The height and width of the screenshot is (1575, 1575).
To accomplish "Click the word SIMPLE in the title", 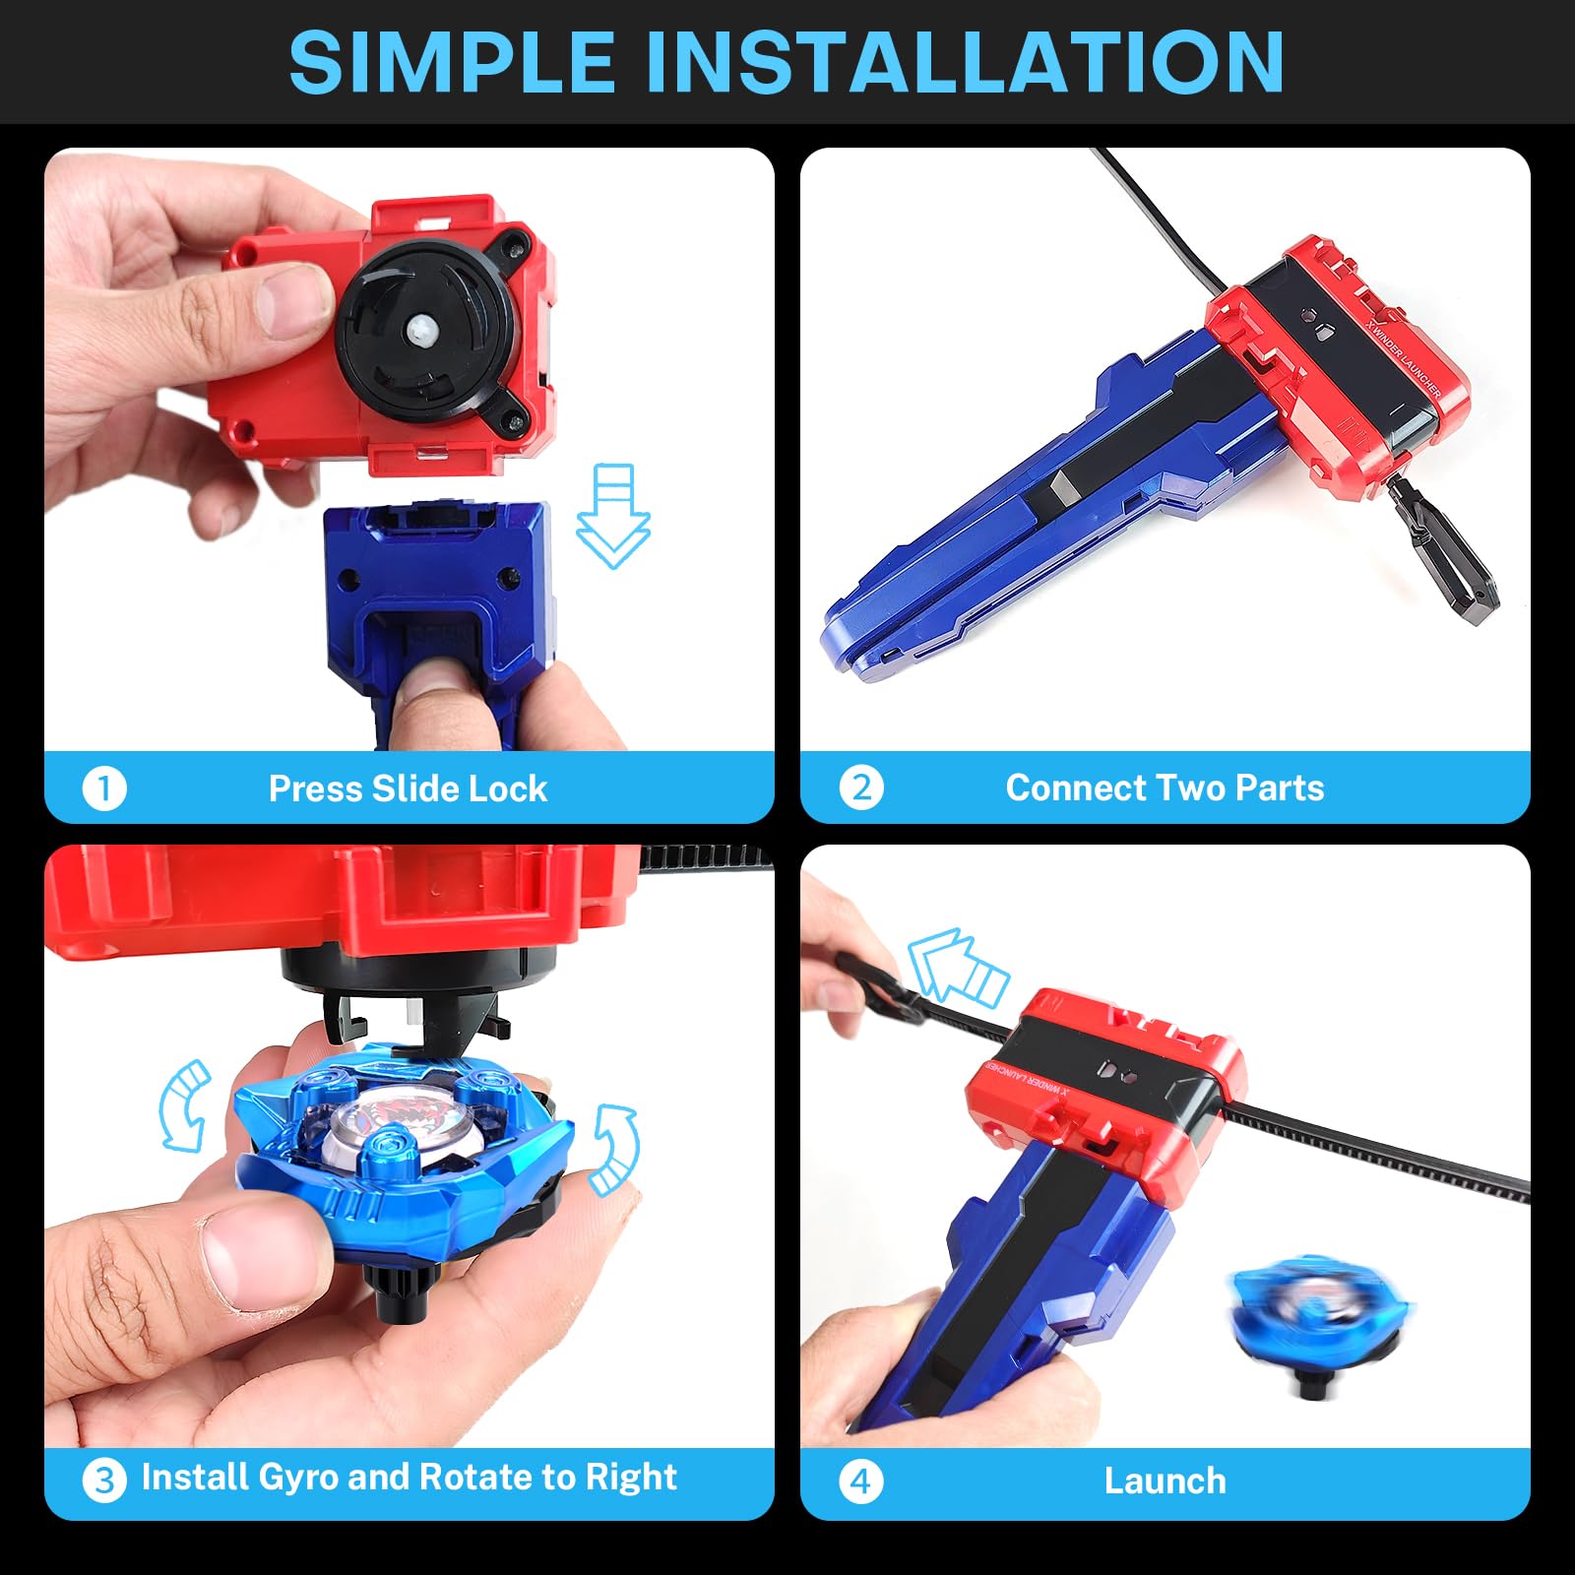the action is point(452,62).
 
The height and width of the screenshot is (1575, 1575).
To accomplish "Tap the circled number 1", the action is point(104,788).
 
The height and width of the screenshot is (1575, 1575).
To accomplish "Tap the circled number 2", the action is point(861,788).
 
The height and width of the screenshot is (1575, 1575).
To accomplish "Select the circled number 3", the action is point(104,1480).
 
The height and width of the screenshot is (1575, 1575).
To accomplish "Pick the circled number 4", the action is point(861,1480).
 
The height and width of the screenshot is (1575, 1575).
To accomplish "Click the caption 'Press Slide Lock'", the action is point(408,788).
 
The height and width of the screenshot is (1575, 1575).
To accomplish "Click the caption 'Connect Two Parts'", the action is point(1165,787).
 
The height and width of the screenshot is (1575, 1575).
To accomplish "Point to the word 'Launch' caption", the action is point(1165,1480).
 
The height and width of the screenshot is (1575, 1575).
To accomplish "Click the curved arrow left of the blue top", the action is point(185,1105).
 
